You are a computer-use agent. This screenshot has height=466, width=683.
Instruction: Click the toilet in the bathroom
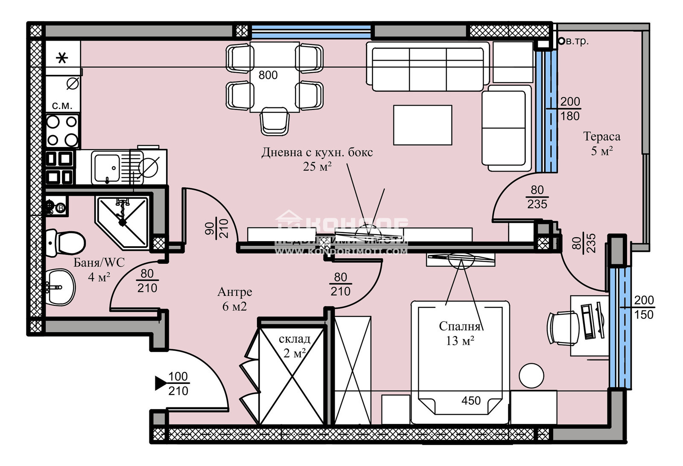click(x=66, y=243)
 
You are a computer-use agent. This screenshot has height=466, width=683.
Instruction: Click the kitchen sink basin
click(x=107, y=167)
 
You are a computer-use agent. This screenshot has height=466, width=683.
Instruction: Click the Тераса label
click(x=601, y=137)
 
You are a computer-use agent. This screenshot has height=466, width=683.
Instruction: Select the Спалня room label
click(x=459, y=327)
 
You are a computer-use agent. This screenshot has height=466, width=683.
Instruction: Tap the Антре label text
click(x=235, y=292)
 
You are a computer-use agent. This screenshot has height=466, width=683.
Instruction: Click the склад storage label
click(x=294, y=339)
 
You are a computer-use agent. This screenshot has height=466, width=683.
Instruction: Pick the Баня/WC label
click(x=99, y=262)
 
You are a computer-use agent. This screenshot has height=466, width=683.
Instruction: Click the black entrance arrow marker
click(x=161, y=383)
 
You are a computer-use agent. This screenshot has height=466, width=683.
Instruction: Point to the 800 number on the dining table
click(x=268, y=75)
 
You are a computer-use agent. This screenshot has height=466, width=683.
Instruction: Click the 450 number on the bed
click(x=471, y=401)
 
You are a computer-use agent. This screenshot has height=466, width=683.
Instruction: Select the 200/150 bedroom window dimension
click(x=644, y=307)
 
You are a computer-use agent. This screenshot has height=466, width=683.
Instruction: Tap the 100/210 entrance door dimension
click(x=178, y=383)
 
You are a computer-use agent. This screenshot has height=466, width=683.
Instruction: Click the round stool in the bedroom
click(x=531, y=375)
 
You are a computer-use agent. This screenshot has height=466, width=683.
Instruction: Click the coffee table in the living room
click(x=423, y=125)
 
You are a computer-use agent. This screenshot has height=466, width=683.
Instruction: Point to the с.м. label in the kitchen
click(x=62, y=106)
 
